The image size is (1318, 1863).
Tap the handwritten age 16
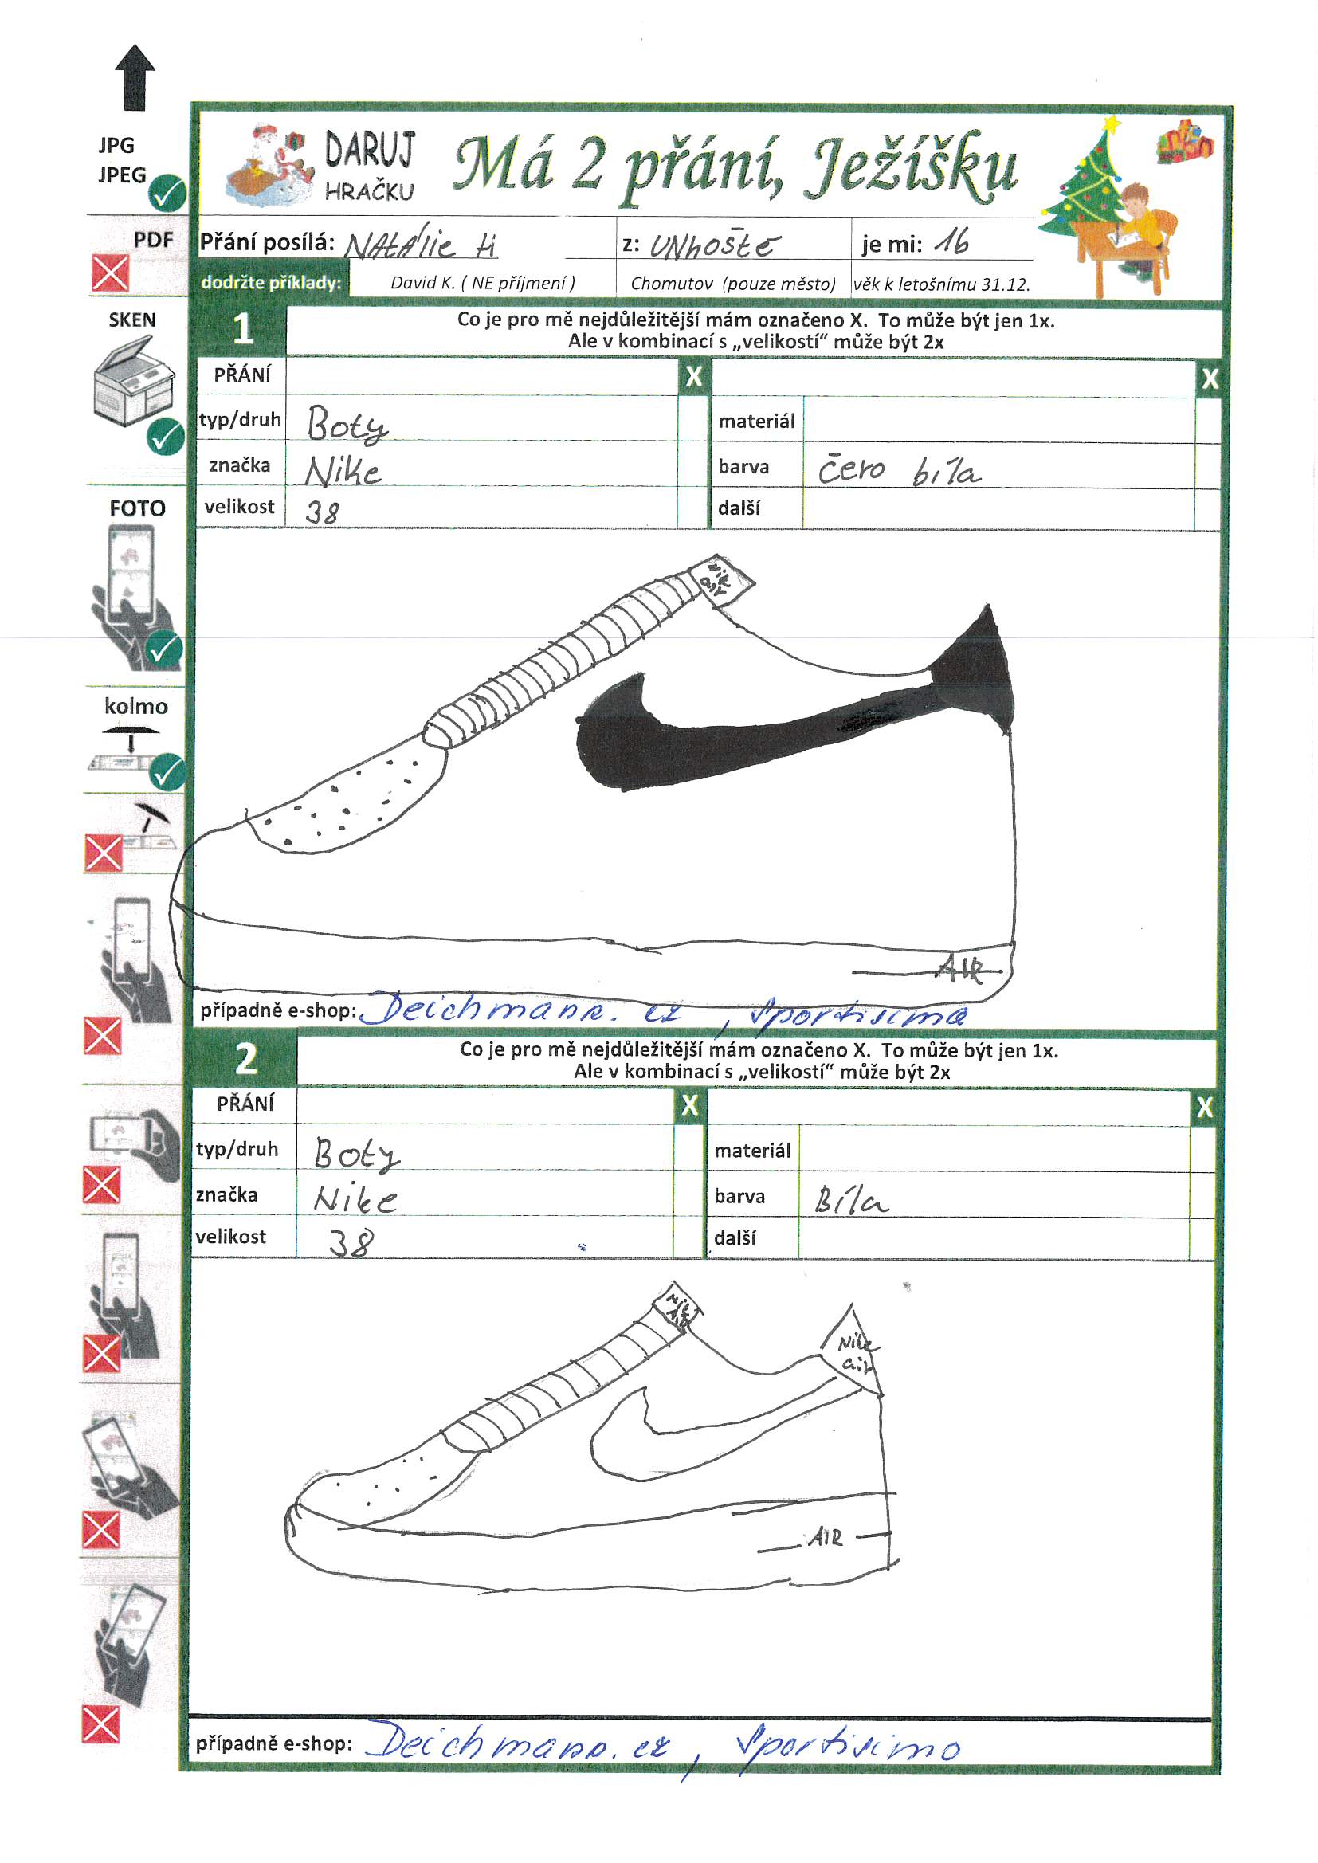click(951, 241)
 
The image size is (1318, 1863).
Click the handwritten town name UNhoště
click(713, 245)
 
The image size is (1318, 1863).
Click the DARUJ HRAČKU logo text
click(369, 167)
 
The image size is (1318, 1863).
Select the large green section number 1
click(242, 329)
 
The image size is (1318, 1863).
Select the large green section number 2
click(246, 1059)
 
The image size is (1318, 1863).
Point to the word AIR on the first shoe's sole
click(961, 969)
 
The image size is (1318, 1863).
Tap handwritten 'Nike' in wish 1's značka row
click(343, 471)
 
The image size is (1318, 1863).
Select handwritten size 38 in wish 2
click(351, 1241)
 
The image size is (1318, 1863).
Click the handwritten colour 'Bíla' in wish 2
click(850, 1200)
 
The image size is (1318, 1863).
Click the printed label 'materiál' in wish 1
click(756, 421)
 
